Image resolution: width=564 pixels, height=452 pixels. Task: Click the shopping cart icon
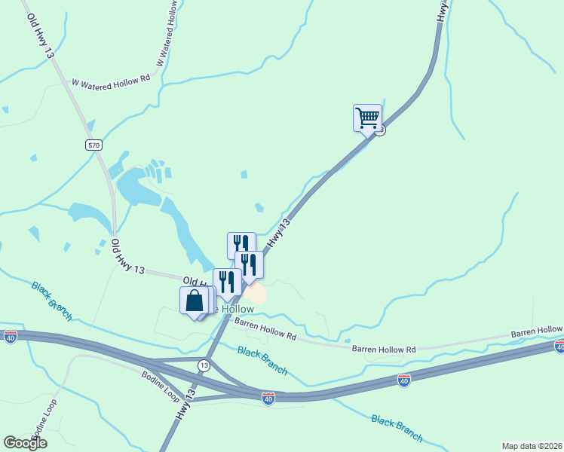pos(367,118)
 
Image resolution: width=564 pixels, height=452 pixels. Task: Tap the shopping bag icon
pos(195,301)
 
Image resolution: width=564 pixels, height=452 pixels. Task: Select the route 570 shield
pos(93,145)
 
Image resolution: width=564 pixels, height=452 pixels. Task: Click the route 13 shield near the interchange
pos(204,365)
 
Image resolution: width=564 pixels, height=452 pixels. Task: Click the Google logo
pos(25,443)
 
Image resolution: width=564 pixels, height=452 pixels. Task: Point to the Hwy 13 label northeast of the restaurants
pos(278,233)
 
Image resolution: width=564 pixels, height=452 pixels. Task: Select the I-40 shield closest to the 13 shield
pos(268,398)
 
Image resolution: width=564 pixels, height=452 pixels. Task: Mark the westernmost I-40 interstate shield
pos(11,336)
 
